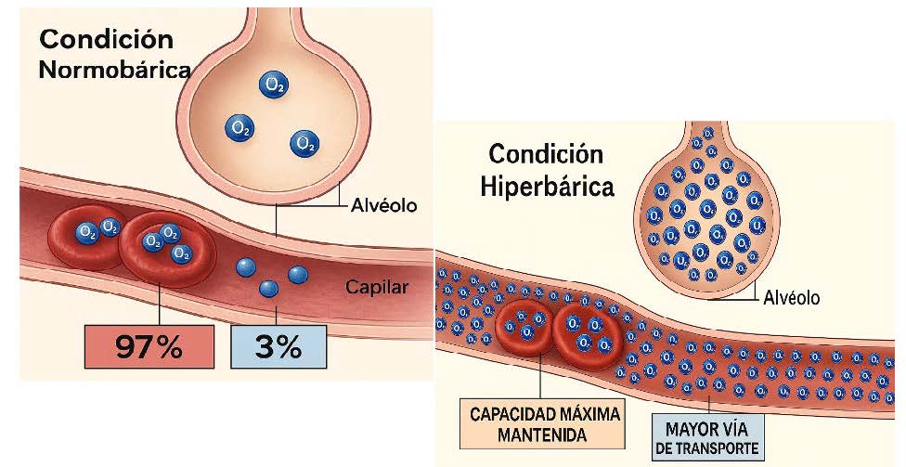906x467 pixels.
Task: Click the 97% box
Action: coord(148,346)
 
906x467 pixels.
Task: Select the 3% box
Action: coord(278,346)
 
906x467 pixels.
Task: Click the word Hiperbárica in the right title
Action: coord(548,186)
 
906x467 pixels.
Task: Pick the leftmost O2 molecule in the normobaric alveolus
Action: coord(239,127)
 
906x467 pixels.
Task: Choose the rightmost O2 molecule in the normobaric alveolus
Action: coord(303,143)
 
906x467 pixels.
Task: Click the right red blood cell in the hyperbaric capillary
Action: coord(587,331)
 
